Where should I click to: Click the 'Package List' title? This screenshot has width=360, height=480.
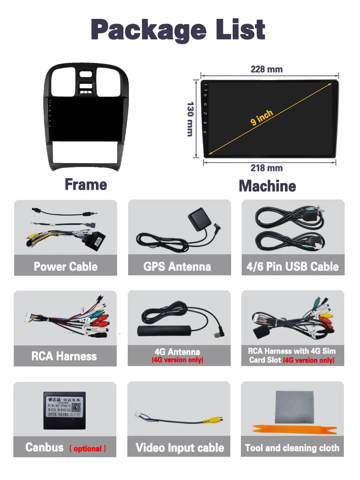click(x=178, y=29)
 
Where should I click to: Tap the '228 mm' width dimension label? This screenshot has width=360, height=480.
click(x=266, y=69)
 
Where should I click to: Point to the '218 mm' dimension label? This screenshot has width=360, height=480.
click(x=266, y=168)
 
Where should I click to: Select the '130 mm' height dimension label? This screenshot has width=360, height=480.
click(x=191, y=119)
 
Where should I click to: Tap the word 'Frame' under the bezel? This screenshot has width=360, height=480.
click(x=86, y=184)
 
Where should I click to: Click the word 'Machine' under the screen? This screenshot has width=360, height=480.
click(x=267, y=186)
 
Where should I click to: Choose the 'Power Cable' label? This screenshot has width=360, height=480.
click(x=66, y=267)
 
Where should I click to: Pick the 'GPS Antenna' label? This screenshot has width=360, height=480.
click(x=177, y=267)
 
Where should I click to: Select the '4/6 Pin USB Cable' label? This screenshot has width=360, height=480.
click(x=292, y=267)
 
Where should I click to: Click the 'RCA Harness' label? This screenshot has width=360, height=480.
click(x=64, y=356)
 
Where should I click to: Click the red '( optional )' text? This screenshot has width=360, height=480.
click(x=88, y=449)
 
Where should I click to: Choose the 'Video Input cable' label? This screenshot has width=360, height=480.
click(x=180, y=448)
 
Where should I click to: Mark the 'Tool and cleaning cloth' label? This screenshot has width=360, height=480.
click(x=292, y=448)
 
